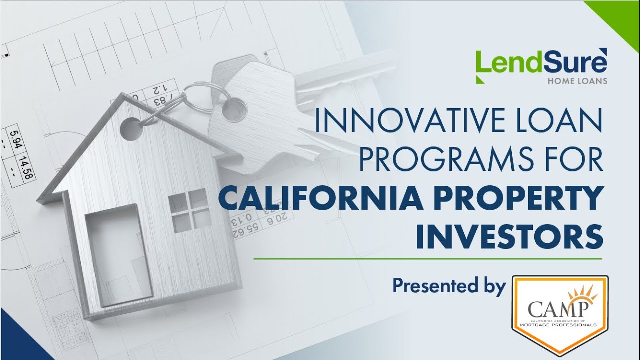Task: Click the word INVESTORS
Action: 509,236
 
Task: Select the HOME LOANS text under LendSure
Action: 577,81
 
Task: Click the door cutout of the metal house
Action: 118,255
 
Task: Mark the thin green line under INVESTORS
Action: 428,259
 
